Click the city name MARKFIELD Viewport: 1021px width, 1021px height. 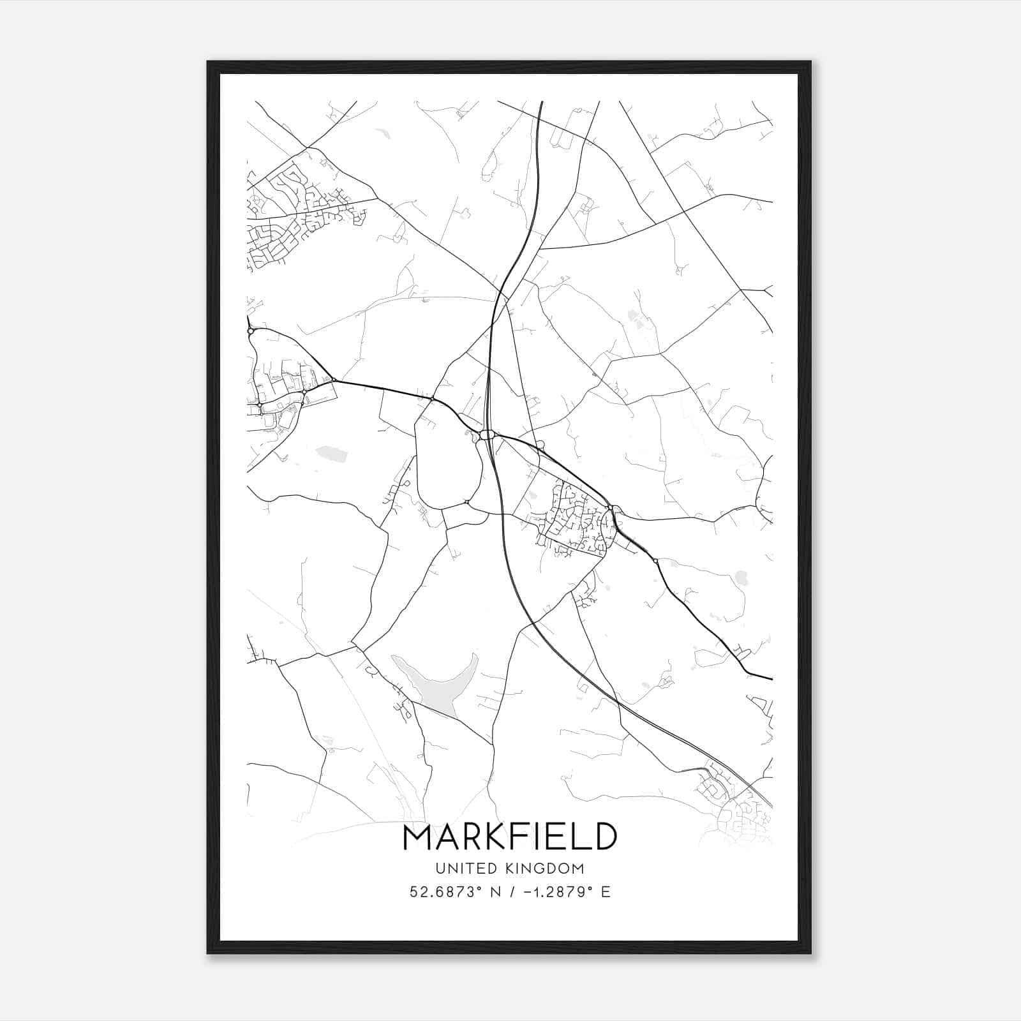pyautogui.click(x=510, y=837)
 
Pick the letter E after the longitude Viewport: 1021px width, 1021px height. pyautogui.click(x=606, y=891)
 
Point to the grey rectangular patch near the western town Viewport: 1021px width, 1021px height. pyautogui.click(x=331, y=453)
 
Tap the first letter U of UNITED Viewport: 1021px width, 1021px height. pyautogui.click(x=440, y=868)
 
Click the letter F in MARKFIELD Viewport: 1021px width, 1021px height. pyautogui.click(x=521, y=837)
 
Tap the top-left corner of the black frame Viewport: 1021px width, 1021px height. pyautogui.click(x=208, y=63)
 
